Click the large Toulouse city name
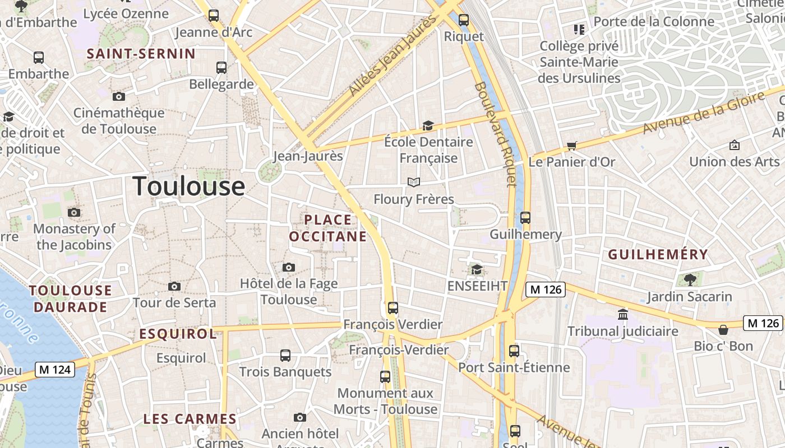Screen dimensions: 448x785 click(188, 186)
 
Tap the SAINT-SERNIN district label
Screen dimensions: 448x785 click(141, 54)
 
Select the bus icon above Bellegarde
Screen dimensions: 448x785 click(221, 68)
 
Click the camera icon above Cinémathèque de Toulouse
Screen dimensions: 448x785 click(118, 96)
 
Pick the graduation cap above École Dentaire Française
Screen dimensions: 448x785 click(428, 125)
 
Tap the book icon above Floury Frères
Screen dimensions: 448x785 click(414, 183)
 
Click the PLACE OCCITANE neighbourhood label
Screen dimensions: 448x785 click(328, 228)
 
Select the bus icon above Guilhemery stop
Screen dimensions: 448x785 click(525, 218)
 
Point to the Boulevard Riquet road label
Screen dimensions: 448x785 click(495, 134)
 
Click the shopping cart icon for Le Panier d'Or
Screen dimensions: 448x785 click(571, 146)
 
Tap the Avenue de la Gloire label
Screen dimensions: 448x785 click(703, 114)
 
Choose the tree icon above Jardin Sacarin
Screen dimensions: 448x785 click(690, 279)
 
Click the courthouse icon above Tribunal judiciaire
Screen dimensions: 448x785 click(622, 314)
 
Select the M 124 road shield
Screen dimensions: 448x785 click(55, 370)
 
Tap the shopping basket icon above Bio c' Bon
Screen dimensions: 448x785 click(723, 330)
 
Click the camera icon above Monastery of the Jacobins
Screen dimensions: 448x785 click(74, 212)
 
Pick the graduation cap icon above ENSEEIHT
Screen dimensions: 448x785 click(477, 269)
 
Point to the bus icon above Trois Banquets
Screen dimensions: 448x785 click(285, 355)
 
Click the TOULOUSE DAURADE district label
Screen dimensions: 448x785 click(71, 298)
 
